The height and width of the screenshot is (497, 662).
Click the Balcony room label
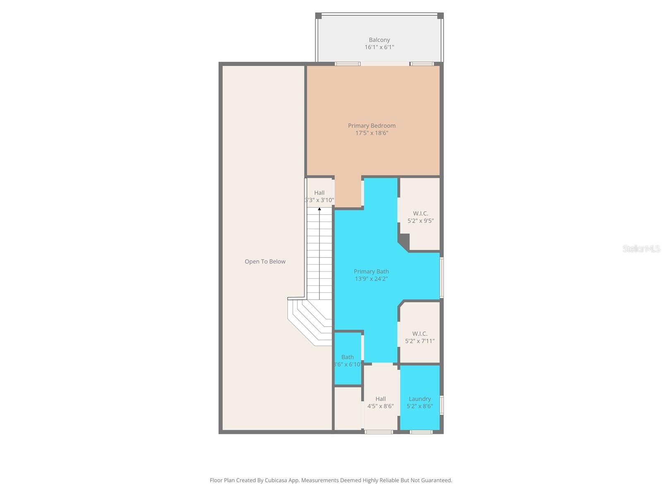point(379,40)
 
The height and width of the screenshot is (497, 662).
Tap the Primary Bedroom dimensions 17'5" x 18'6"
point(372,133)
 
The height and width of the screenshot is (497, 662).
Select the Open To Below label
point(265,261)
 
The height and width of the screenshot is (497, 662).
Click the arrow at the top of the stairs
point(319,210)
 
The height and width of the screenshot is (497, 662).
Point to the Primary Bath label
point(371,271)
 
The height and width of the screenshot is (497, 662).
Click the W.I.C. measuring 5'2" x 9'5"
point(420,217)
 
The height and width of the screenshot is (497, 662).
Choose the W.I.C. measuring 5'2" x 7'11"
point(420,337)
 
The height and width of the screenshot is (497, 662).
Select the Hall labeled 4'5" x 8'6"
point(380,402)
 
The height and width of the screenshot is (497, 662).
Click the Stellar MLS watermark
point(641,248)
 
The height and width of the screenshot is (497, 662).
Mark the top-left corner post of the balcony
point(318,16)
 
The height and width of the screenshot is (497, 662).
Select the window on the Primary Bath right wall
point(441,277)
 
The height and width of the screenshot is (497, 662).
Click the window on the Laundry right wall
point(441,405)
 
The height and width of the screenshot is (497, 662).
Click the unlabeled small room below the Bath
point(348,408)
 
